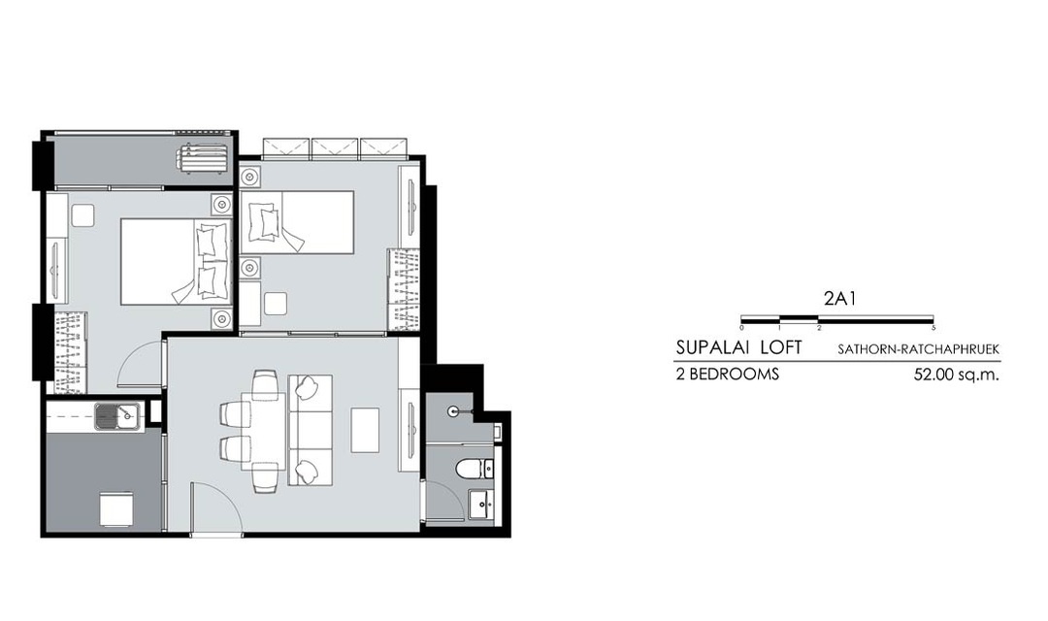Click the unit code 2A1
(x=839, y=299)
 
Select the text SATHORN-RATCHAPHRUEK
(x=919, y=349)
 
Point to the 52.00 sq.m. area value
(x=957, y=375)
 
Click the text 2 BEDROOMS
(x=728, y=375)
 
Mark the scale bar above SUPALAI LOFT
(x=837, y=319)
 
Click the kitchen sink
(x=117, y=416)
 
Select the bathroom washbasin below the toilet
(x=480, y=504)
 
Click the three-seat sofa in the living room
(x=311, y=430)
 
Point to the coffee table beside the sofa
(x=364, y=430)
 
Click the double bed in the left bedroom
(x=176, y=262)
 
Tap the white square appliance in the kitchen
(x=117, y=508)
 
